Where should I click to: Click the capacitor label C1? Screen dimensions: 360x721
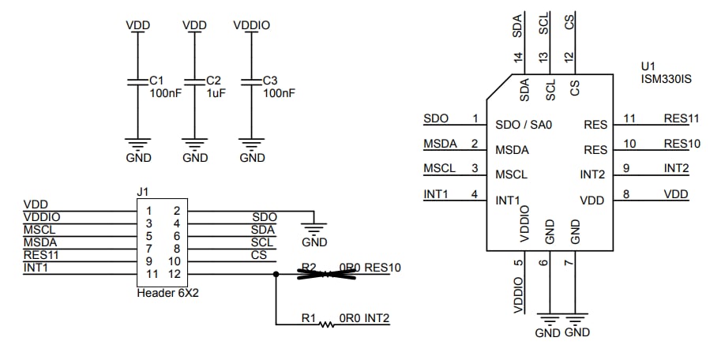click(x=156, y=81)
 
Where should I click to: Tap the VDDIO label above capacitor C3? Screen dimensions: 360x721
click(x=252, y=25)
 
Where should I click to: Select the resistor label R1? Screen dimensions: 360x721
click(x=309, y=319)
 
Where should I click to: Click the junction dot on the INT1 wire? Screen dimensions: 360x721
click(x=276, y=275)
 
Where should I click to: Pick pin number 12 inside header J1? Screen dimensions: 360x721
click(x=175, y=273)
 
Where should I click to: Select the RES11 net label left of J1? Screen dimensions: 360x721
click(x=41, y=254)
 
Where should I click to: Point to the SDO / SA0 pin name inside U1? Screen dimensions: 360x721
click(x=523, y=124)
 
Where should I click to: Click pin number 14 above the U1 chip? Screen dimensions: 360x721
click(x=518, y=57)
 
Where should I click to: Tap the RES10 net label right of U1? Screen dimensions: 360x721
click(x=682, y=144)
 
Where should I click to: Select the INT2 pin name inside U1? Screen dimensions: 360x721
click(x=593, y=174)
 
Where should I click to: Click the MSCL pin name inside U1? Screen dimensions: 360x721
click(x=511, y=174)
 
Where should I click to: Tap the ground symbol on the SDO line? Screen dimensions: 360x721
click(x=314, y=229)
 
